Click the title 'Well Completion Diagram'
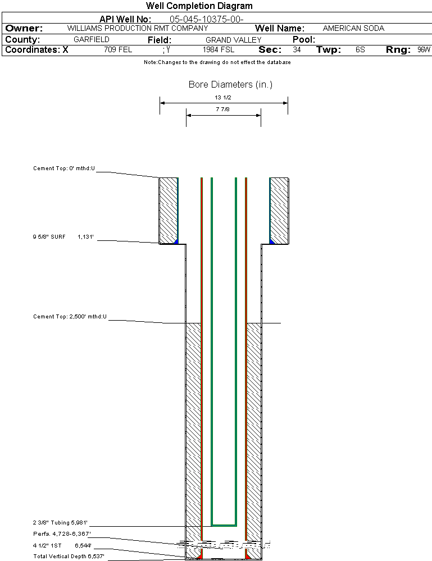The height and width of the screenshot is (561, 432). [199, 6]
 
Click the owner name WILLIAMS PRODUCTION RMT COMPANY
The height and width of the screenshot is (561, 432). [137, 28]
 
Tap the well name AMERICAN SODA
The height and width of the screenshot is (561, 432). [353, 28]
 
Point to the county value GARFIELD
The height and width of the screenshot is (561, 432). [92, 40]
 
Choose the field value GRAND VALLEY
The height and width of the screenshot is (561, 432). [234, 40]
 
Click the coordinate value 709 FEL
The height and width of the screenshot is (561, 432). [118, 50]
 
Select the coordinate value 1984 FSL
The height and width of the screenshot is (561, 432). [219, 50]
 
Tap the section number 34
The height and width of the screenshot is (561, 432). [297, 50]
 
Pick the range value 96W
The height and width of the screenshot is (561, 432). [424, 50]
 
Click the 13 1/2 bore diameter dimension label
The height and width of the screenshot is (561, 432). [223, 97]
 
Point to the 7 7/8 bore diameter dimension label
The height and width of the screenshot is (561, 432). [222, 110]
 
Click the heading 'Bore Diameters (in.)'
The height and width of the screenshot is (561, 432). [230, 85]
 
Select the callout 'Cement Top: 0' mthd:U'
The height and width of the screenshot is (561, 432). [65, 168]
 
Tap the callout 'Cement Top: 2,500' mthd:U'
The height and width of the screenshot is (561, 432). [70, 317]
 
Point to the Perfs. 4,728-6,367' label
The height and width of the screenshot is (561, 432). [62, 533]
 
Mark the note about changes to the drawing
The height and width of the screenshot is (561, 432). [217, 62]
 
